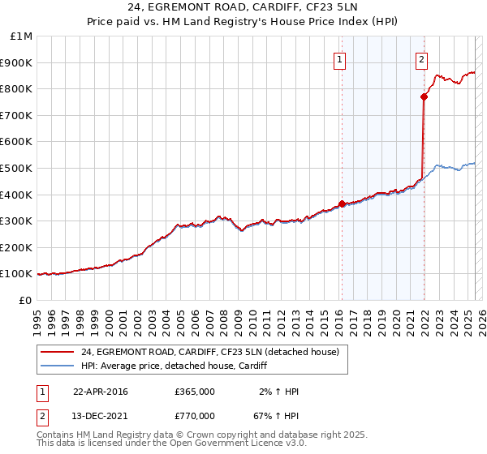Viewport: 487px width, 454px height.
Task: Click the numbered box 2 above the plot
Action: [x=422, y=58]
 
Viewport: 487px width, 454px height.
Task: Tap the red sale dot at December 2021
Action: [x=424, y=96]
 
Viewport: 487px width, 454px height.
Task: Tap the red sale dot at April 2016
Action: [x=342, y=203]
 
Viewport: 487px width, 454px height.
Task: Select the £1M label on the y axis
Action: [x=22, y=36]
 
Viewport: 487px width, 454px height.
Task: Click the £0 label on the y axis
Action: [x=25, y=300]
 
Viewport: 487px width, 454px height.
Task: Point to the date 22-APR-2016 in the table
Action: [x=100, y=392]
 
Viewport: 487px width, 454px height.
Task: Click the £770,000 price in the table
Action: [x=195, y=416]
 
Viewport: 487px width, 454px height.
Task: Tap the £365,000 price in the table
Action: [x=195, y=392]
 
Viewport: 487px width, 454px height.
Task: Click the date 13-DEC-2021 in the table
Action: [x=100, y=416]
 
